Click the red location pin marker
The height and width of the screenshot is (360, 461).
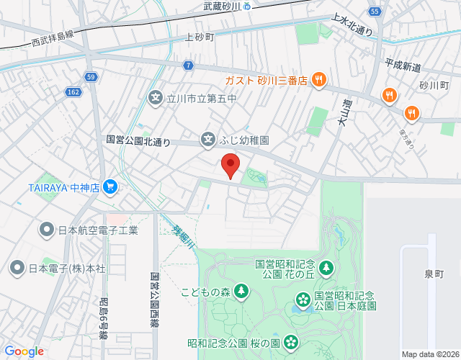pyautogui.click(x=230, y=165)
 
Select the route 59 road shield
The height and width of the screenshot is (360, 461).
pyautogui.click(x=90, y=76)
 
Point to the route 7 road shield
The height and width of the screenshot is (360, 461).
pyautogui.click(x=188, y=65)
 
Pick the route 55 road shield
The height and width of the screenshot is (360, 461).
pyautogui.click(x=374, y=12)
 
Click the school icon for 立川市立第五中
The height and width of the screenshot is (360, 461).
pyautogui.click(x=155, y=96)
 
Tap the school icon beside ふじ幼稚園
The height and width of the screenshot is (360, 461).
pyautogui.click(x=207, y=138)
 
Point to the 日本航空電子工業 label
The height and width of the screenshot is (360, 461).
pyautogui.click(x=98, y=230)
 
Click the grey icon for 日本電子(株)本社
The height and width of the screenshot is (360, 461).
pyautogui.click(x=17, y=268)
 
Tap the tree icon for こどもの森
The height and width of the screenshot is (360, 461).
pyautogui.click(x=241, y=292)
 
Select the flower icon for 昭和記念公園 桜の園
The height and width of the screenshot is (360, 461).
pyautogui.click(x=291, y=341)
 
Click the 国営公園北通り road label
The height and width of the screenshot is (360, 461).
pyautogui.click(x=138, y=142)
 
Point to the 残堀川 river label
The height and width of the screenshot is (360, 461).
pyautogui.click(x=183, y=237)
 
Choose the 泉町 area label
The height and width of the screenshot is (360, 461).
pyautogui.click(x=434, y=274)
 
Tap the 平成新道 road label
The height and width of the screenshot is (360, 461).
pyautogui.click(x=402, y=66)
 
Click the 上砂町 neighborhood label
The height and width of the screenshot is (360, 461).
pyautogui.click(x=200, y=37)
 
